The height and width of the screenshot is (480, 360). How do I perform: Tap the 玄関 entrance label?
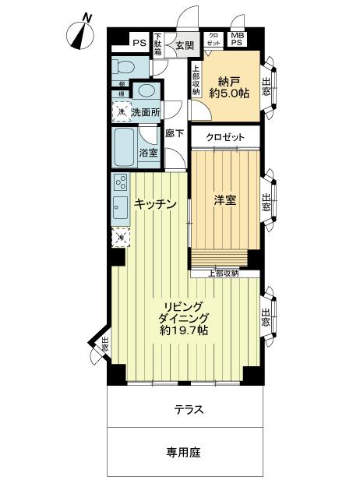coord(185,47)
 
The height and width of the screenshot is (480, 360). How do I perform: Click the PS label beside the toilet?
coord(138,43)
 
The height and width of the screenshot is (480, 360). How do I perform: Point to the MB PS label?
coord(236,39)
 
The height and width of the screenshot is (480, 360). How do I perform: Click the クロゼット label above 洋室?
coord(225,138)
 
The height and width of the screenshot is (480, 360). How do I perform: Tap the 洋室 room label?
coord(225,200)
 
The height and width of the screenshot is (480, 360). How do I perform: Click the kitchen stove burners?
coord(121,184)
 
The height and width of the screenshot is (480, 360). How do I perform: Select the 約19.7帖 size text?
coord(183,330)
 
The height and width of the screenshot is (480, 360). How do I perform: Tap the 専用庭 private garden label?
coord(185,452)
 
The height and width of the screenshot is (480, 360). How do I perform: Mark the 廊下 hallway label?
coord(175,134)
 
